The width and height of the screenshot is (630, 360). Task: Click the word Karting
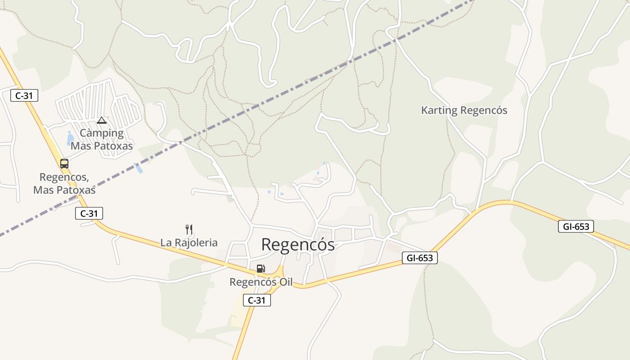pyautogui.click(x=439, y=110)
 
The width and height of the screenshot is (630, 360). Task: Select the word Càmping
pyautogui.click(x=102, y=133)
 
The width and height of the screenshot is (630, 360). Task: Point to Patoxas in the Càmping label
pyautogui.click(x=114, y=146)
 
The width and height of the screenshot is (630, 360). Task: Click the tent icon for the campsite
pyautogui.click(x=102, y=120)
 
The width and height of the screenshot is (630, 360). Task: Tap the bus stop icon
pyautogui.click(x=64, y=163)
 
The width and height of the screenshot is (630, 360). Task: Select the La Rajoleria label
pyautogui.click(x=189, y=243)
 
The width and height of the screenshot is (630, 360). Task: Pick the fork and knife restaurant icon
pyautogui.click(x=189, y=229)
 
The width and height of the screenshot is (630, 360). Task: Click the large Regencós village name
pyautogui.click(x=298, y=245)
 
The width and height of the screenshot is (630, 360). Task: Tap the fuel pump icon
pyautogui.click(x=261, y=269)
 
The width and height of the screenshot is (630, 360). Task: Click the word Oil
pyautogui.click(x=283, y=282)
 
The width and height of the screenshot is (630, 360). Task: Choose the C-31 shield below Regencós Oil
pyautogui.click(x=257, y=300)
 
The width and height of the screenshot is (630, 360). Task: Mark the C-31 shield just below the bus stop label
pyautogui.click(x=89, y=213)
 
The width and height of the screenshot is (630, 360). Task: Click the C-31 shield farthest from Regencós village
pyautogui.click(x=24, y=95)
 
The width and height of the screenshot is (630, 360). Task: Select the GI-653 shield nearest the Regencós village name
pyautogui.click(x=419, y=258)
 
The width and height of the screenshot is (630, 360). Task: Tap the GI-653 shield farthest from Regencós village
pyautogui.click(x=576, y=226)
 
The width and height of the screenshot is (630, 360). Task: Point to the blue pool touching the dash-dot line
pyautogui.click(x=139, y=168)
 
